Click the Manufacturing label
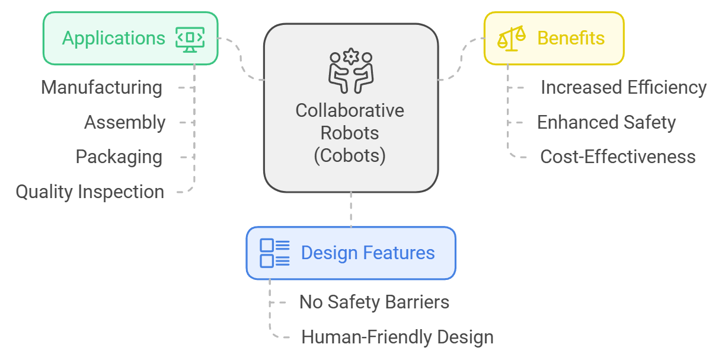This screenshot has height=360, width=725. [101, 88]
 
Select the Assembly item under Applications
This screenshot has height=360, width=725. [124, 123]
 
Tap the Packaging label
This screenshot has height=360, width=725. [119, 157]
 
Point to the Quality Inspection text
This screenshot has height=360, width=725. [90, 192]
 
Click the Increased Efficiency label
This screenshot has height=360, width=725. [623, 88]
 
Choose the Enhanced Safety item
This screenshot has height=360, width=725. [606, 123]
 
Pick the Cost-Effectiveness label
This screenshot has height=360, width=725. [618, 157]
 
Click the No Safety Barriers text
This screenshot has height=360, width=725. [374, 302]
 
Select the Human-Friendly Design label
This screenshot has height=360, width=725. [397, 337]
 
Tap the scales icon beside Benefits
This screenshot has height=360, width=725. [511, 39]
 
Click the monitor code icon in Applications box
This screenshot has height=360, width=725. [190, 39]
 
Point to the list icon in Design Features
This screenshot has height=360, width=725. [274, 253]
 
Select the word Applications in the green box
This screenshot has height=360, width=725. [114, 39]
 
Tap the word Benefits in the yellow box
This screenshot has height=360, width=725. [570, 39]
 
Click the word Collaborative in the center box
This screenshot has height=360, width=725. [350, 111]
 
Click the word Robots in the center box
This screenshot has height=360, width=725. [350, 133]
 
